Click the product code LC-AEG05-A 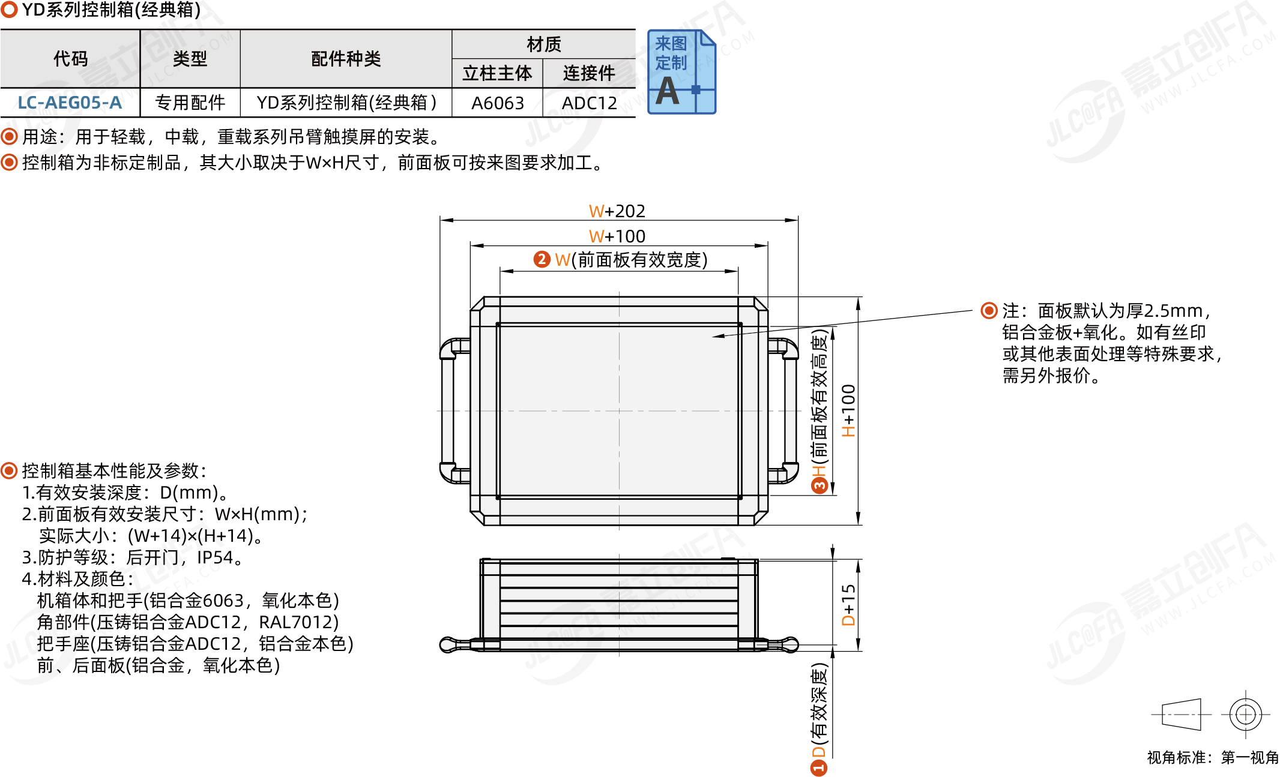point(70,103)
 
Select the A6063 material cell point(497,103)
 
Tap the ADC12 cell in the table point(589,103)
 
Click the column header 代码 point(70,59)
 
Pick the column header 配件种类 point(346,59)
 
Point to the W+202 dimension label point(617,211)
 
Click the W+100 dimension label point(617,236)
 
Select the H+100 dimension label point(848,410)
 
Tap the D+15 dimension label point(848,605)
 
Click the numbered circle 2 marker point(542,259)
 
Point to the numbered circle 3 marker point(819,485)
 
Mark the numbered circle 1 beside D point(819,767)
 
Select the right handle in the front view point(790,410)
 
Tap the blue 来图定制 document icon point(681,72)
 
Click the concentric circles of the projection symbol point(1245,714)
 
